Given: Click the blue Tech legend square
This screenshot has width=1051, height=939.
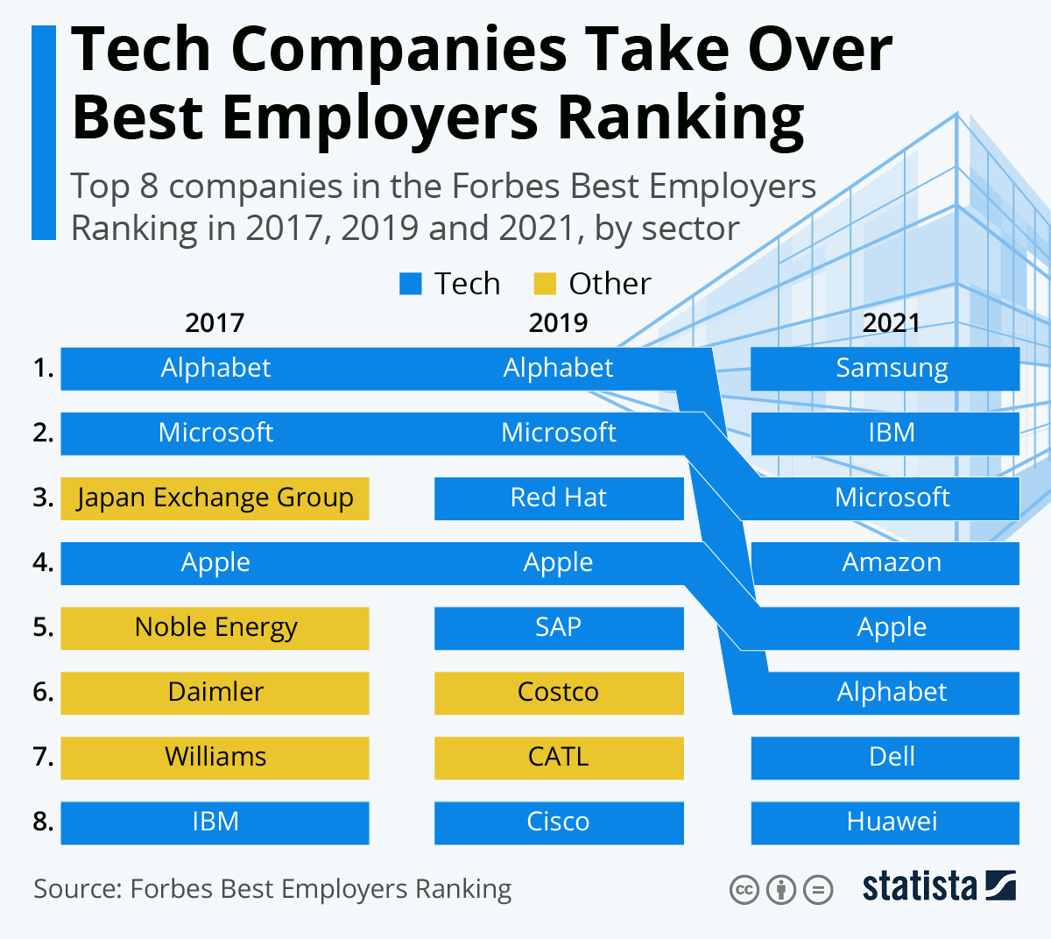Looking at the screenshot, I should tap(411, 284).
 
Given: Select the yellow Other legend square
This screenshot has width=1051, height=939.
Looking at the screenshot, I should tap(545, 284).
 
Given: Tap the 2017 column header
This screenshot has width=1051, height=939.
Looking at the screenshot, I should tap(215, 323).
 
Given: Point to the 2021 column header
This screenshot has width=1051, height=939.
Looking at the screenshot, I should tap(891, 323).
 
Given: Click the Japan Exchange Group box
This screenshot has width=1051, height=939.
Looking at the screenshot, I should tap(215, 498).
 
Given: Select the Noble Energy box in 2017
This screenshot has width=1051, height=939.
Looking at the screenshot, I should tap(215, 628).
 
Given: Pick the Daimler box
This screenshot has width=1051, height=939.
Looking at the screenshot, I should tap(215, 693).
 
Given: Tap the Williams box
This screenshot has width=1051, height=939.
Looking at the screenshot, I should tap(215, 758).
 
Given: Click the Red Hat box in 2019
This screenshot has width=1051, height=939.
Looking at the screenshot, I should tap(559, 498).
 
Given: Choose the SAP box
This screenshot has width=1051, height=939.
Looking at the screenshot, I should tap(559, 628).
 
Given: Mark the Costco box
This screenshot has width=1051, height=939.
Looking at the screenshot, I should tap(559, 693).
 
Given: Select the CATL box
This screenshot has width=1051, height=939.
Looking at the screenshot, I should tap(559, 758).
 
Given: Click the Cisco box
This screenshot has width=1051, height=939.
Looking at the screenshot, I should tap(559, 823).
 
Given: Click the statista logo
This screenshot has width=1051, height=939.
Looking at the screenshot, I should tap(938, 886).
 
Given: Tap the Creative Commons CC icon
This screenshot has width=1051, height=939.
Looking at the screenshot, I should tap(744, 891).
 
